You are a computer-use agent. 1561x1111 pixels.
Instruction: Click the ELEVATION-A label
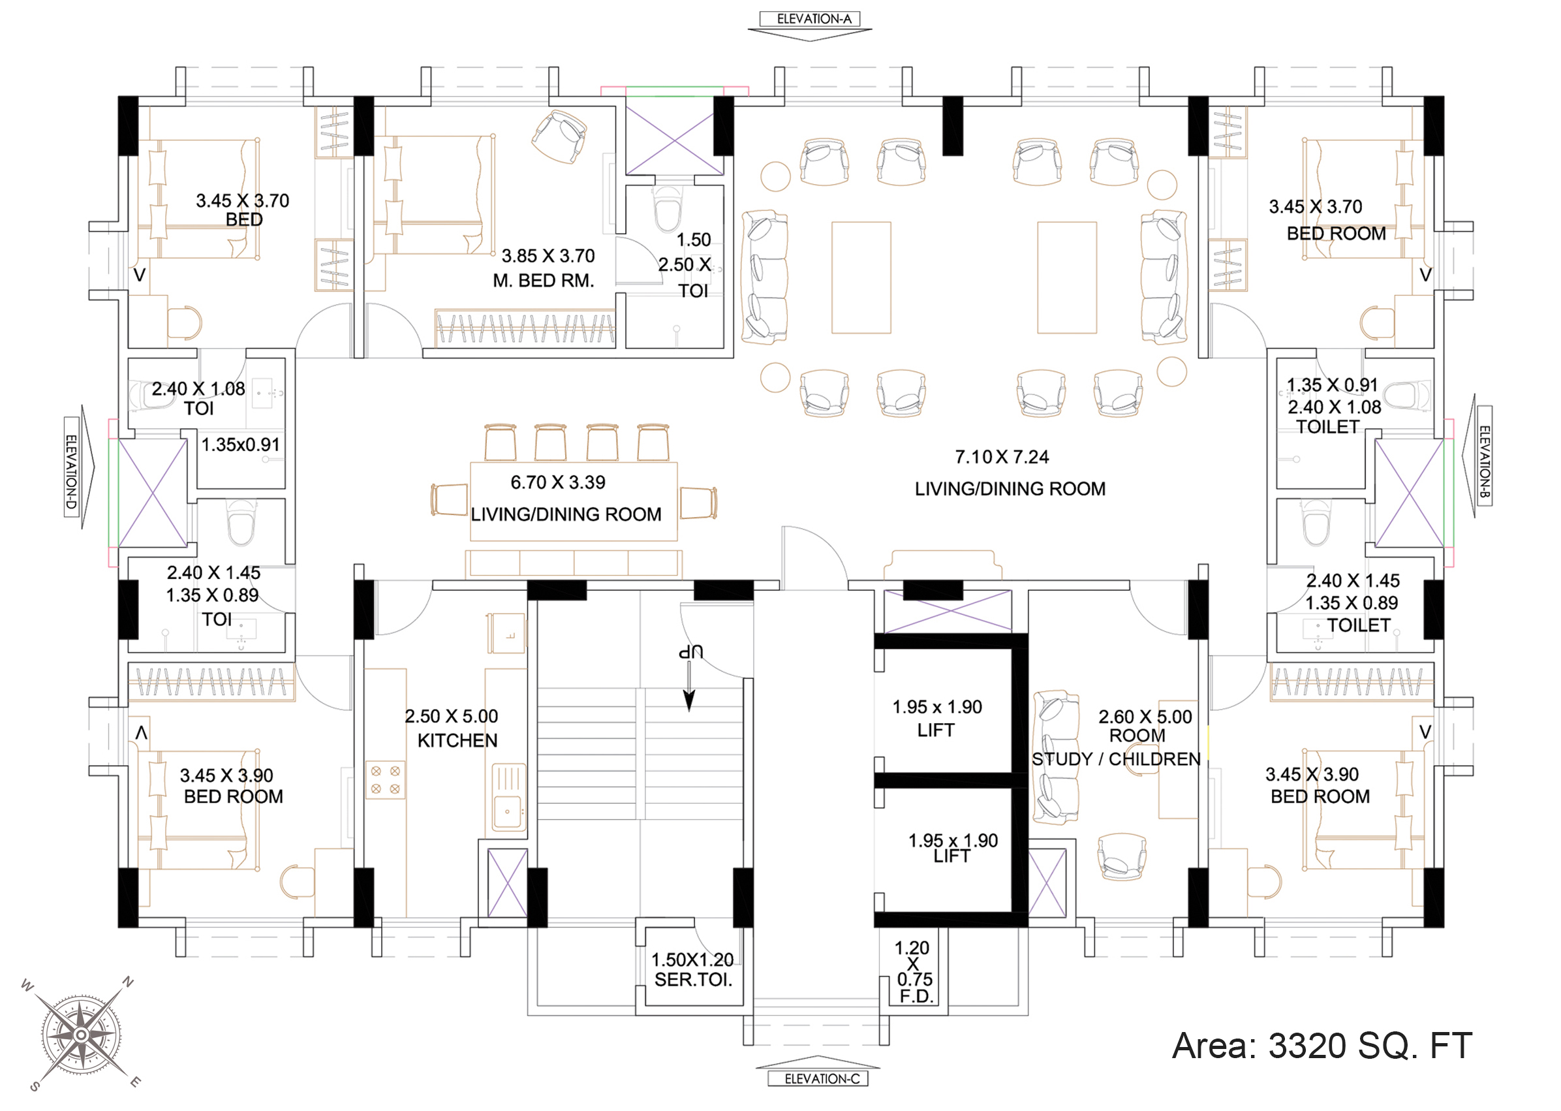(x=814, y=19)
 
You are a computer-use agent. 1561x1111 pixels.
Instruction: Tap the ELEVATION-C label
(x=822, y=1079)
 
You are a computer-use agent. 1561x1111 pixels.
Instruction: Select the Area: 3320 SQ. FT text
(x=1321, y=1046)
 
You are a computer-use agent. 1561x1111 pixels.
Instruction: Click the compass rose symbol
(x=82, y=1034)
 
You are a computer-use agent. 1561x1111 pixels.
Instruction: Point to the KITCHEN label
(x=457, y=740)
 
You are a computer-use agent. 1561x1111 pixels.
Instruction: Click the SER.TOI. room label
(x=693, y=980)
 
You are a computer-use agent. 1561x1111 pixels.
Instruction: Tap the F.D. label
(x=916, y=996)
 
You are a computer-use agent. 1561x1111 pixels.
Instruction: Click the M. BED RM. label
(x=544, y=281)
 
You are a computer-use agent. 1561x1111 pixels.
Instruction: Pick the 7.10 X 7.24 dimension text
(x=1002, y=457)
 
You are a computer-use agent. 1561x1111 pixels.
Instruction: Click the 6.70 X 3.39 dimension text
(x=558, y=482)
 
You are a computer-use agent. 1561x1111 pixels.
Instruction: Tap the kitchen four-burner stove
(x=386, y=780)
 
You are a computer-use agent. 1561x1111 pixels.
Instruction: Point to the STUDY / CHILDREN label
(x=1116, y=759)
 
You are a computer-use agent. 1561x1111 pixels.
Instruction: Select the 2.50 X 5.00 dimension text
(x=452, y=716)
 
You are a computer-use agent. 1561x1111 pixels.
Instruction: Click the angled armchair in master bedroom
(x=559, y=137)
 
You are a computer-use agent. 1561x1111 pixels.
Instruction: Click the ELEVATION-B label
(x=1484, y=456)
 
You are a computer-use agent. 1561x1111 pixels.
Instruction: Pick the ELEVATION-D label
(x=71, y=472)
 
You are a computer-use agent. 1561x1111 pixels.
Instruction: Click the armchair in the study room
(x=1121, y=856)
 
